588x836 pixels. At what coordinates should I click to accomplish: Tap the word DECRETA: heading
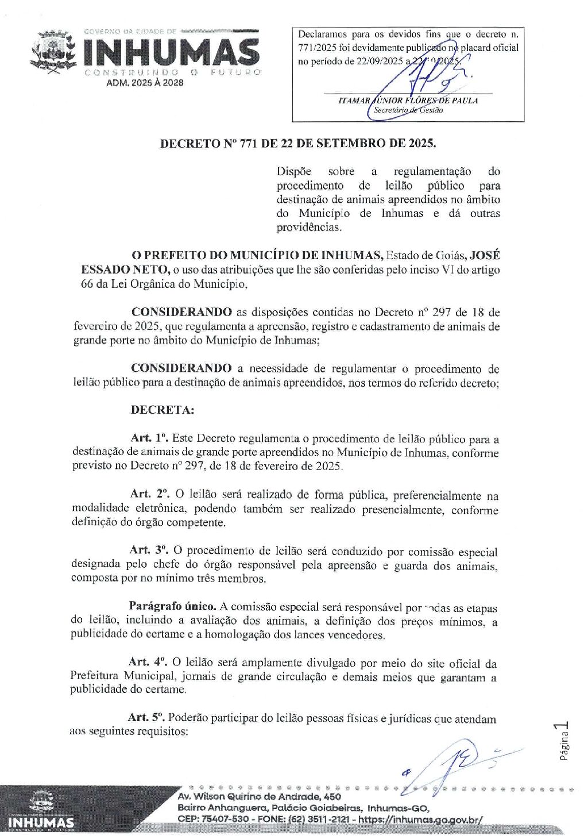point(163,410)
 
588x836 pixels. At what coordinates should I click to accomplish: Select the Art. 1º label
point(149,439)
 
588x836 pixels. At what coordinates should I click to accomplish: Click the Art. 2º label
point(149,494)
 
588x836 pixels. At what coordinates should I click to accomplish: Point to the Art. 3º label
point(148,550)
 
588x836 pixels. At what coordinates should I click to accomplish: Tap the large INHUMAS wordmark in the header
point(172,52)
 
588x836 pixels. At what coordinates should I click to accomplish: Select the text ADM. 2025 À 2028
point(145,83)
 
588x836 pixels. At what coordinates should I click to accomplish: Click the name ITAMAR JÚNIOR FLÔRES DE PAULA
point(408,101)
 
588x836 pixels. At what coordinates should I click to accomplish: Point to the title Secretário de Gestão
point(408,110)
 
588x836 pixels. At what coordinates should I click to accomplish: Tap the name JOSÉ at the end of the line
point(485,256)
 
